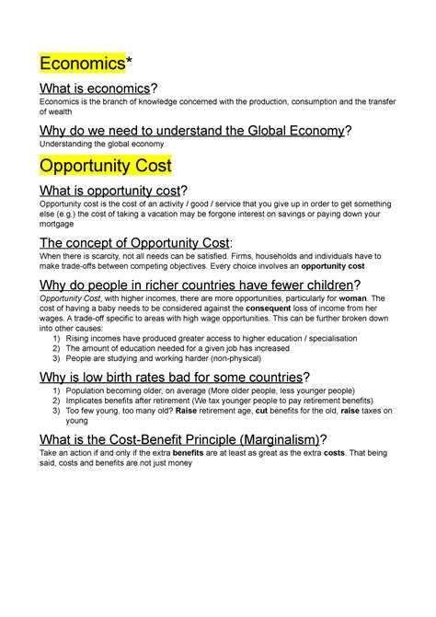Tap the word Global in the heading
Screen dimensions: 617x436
point(252,131)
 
